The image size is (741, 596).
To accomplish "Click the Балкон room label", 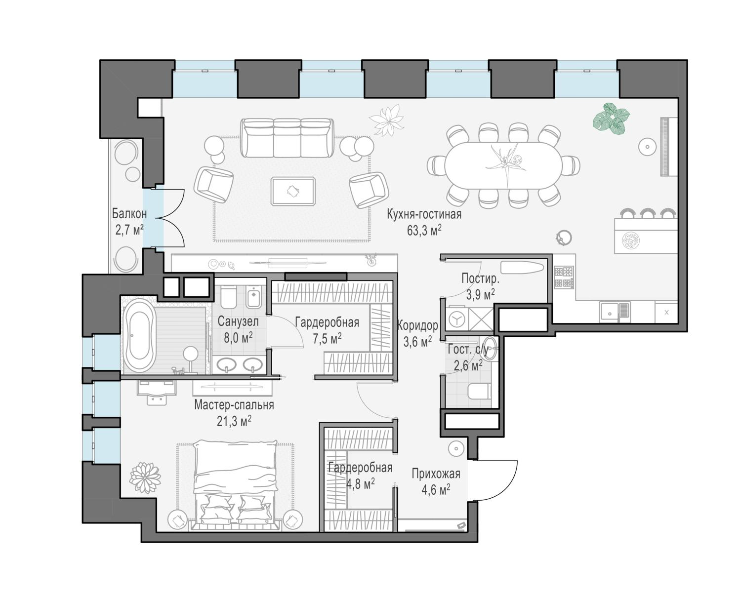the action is [129, 214].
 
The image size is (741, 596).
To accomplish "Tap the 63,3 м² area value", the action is [424, 230].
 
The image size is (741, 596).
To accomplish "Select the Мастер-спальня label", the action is [234, 405].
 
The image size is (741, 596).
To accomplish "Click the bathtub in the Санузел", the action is [139, 336].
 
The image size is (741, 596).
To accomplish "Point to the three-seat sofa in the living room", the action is [287, 138].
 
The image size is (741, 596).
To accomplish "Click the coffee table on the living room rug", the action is [293, 191].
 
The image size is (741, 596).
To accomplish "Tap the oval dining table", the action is [503, 165].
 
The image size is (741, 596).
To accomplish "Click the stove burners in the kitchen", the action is [564, 277].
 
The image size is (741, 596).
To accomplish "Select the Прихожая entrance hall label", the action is [436, 474].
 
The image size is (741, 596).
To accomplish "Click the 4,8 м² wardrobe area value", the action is [360, 484].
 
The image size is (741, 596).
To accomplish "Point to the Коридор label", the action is [417, 325].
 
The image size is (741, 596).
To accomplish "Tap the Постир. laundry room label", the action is [480, 278].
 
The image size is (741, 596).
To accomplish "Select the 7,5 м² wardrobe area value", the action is [327, 338].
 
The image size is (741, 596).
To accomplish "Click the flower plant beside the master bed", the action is [145, 478].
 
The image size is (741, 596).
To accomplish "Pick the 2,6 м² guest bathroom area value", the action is [468, 365].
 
